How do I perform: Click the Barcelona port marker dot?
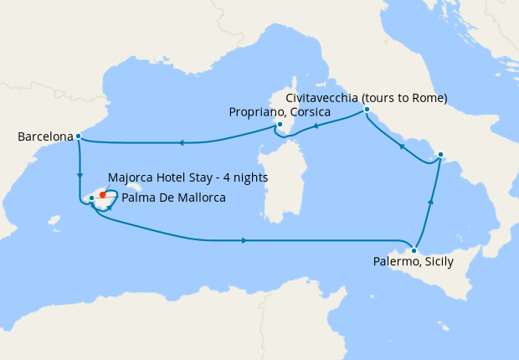tap(78, 136)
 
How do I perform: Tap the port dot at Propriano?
tap(280, 126)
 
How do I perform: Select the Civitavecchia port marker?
tap(367, 110)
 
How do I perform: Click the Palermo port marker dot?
tap(414, 250)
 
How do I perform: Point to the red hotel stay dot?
tap(103, 194)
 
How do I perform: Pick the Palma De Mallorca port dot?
tap(91, 198)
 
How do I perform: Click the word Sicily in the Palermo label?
tap(437, 262)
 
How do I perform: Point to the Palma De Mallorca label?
tap(173, 198)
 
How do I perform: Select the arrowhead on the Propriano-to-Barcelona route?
tap(181, 142)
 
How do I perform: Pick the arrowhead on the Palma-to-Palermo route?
tap(244, 241)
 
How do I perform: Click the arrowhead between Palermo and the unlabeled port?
tap(431, 201)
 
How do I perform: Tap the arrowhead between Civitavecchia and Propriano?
tap(316, 127)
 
